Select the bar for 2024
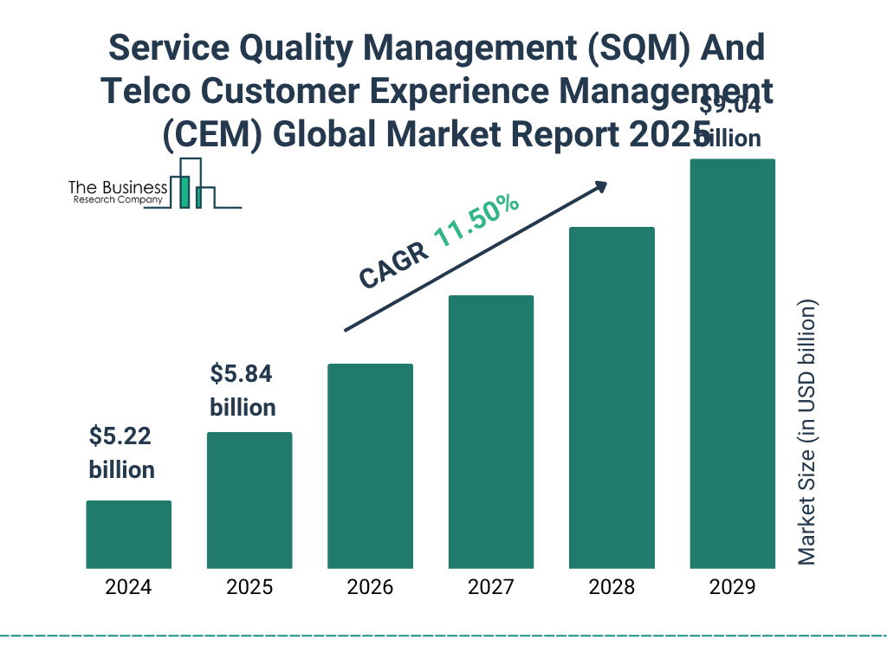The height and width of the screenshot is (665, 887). [x=128, y=534]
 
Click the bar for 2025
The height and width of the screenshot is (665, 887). [x=249, y=500]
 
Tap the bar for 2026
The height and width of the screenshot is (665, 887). [x=370, y=466]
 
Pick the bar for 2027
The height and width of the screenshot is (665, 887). [x=490, y=431]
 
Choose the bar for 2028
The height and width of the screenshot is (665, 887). [x=612, y=397]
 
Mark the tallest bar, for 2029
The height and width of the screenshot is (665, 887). [x=732, y=364]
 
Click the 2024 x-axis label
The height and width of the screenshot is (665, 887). [x=128, y=587]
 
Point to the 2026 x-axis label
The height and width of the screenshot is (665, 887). [x=370, y=587]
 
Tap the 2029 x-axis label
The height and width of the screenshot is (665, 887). [x=732, y=587]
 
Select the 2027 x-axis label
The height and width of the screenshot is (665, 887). [x=490, y=587]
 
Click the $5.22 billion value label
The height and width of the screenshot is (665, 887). [x=121, y=453]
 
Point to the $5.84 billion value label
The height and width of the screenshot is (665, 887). [x=243, y=391]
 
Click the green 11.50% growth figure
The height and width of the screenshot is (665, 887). [x=476, y=222]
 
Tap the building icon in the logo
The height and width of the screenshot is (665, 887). [x=192, y=184]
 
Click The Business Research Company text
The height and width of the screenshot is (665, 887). [x=117, y=193]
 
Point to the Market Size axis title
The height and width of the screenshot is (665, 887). [x=807, y=433]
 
